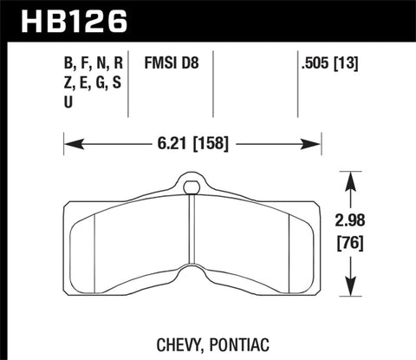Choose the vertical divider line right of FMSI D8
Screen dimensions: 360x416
pos(213,82)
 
